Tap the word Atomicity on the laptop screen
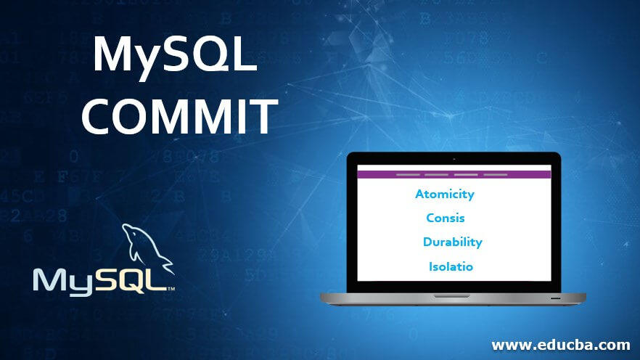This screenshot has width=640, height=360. tap(445, 194)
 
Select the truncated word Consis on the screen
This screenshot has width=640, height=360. tap(446, 218)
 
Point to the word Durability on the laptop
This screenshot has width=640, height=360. tap(453, 242)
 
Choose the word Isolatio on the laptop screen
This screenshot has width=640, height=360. tap(451, 266)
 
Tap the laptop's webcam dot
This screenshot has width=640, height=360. tap(454, 159)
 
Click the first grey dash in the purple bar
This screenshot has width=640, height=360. tap(408, 175)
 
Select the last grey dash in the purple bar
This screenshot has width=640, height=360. tap(496, 175)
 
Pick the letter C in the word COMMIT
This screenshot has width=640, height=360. tap(97, 116)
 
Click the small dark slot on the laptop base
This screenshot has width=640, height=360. tap(555, 298)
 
